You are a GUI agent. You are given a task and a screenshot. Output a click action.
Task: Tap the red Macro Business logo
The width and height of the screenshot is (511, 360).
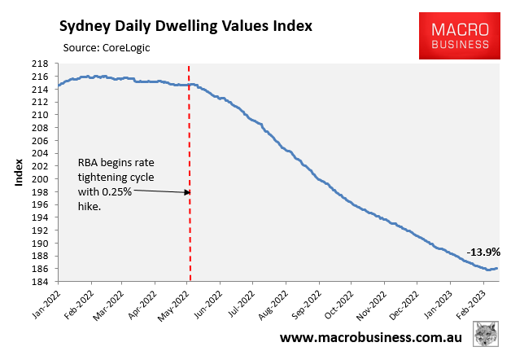click(459, 35)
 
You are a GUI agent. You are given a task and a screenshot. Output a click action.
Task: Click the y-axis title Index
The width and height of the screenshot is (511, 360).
click(17, 173)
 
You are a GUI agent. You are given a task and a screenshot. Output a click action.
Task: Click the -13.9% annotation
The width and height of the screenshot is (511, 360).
click(483, 252)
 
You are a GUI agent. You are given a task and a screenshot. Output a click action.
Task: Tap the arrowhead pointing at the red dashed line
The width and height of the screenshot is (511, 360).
click(186, 192)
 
